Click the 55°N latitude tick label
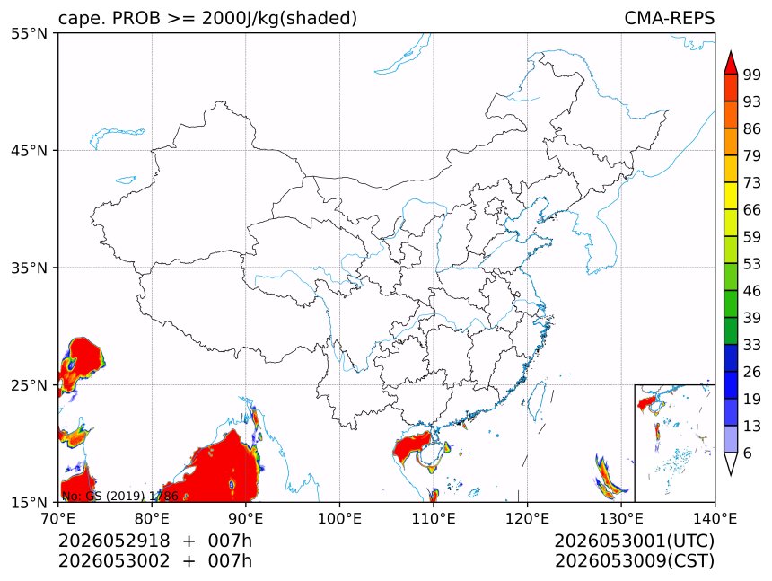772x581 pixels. pyautogui.click(x=29, y=33)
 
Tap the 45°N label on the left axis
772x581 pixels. pyautogui.click(x=29, y=150)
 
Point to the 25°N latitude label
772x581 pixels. pyautogui.click(x=29, y=384)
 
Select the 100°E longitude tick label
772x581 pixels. pyautogui.click(x=339, y=518)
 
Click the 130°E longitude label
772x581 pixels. pyautogui.click(x=621, y=518)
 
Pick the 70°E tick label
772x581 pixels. pyautogui.click(x=58, y=518)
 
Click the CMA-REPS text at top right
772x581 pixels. pyautogui.click(x=669, y=18)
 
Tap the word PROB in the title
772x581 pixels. pyautogui.click(x=136, y=18)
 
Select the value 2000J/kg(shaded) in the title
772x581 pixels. pyautogui.click(x=279, y=19)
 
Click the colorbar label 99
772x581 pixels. pyautogui.click(x=752, y=75)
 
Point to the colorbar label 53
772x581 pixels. pyautogui.click(x=752, y=264)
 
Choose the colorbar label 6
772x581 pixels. pyautogui.click(x=748, y=453)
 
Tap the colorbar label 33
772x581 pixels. pyautogui.click(x=752, y=345)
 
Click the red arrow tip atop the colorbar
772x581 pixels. pyautogui.click(x=731, y=52)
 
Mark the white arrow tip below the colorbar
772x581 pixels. pyautogui.click(x=731, y=475)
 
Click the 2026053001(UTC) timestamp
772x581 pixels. pyautogui.click(x=634, y=541)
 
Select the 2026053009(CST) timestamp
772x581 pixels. pyautogui.click(x=634, y=561)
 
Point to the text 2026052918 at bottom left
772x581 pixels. pyautogui.click(x=114, y=541)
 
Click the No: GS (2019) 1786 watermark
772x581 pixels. pyautogui.click(x=119, y=496)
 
